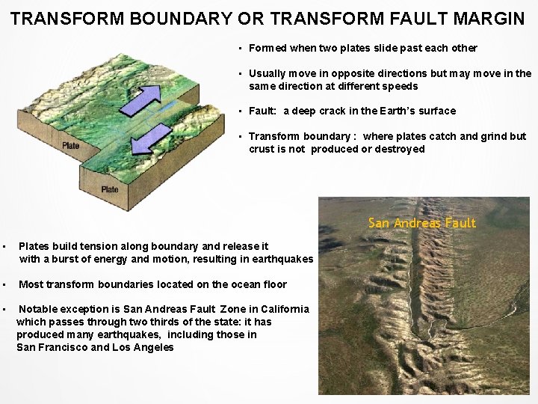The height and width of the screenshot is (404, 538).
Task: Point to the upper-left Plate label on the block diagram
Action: coord(71,146)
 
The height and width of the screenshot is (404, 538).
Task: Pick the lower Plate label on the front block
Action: coord(110,189)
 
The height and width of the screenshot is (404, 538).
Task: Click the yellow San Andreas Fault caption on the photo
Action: coord(421,223)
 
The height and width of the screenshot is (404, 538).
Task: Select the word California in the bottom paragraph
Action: coord(285,309)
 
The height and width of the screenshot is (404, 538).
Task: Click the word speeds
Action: coord(401,86)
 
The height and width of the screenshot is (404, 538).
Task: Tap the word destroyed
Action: coord(399,149)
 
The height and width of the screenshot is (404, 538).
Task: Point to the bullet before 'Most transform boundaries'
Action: coord(4,284)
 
